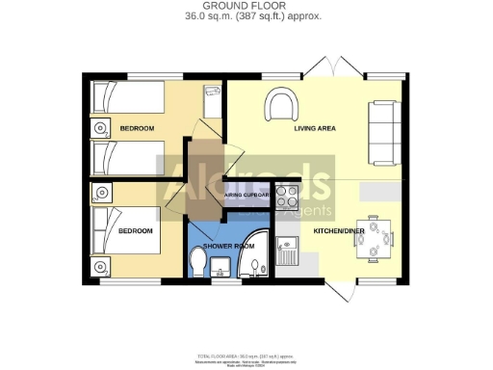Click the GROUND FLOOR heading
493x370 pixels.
coord(246,6)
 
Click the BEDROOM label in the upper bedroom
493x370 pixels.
coord(136,128)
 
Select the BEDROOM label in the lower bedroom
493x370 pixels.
coord(135,231)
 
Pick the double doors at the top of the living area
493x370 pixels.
coord(324,67)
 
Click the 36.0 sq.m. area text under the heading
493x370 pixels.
coord(246,16)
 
